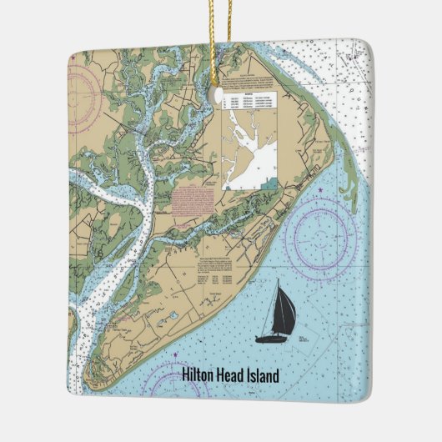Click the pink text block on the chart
click(197, 201)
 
